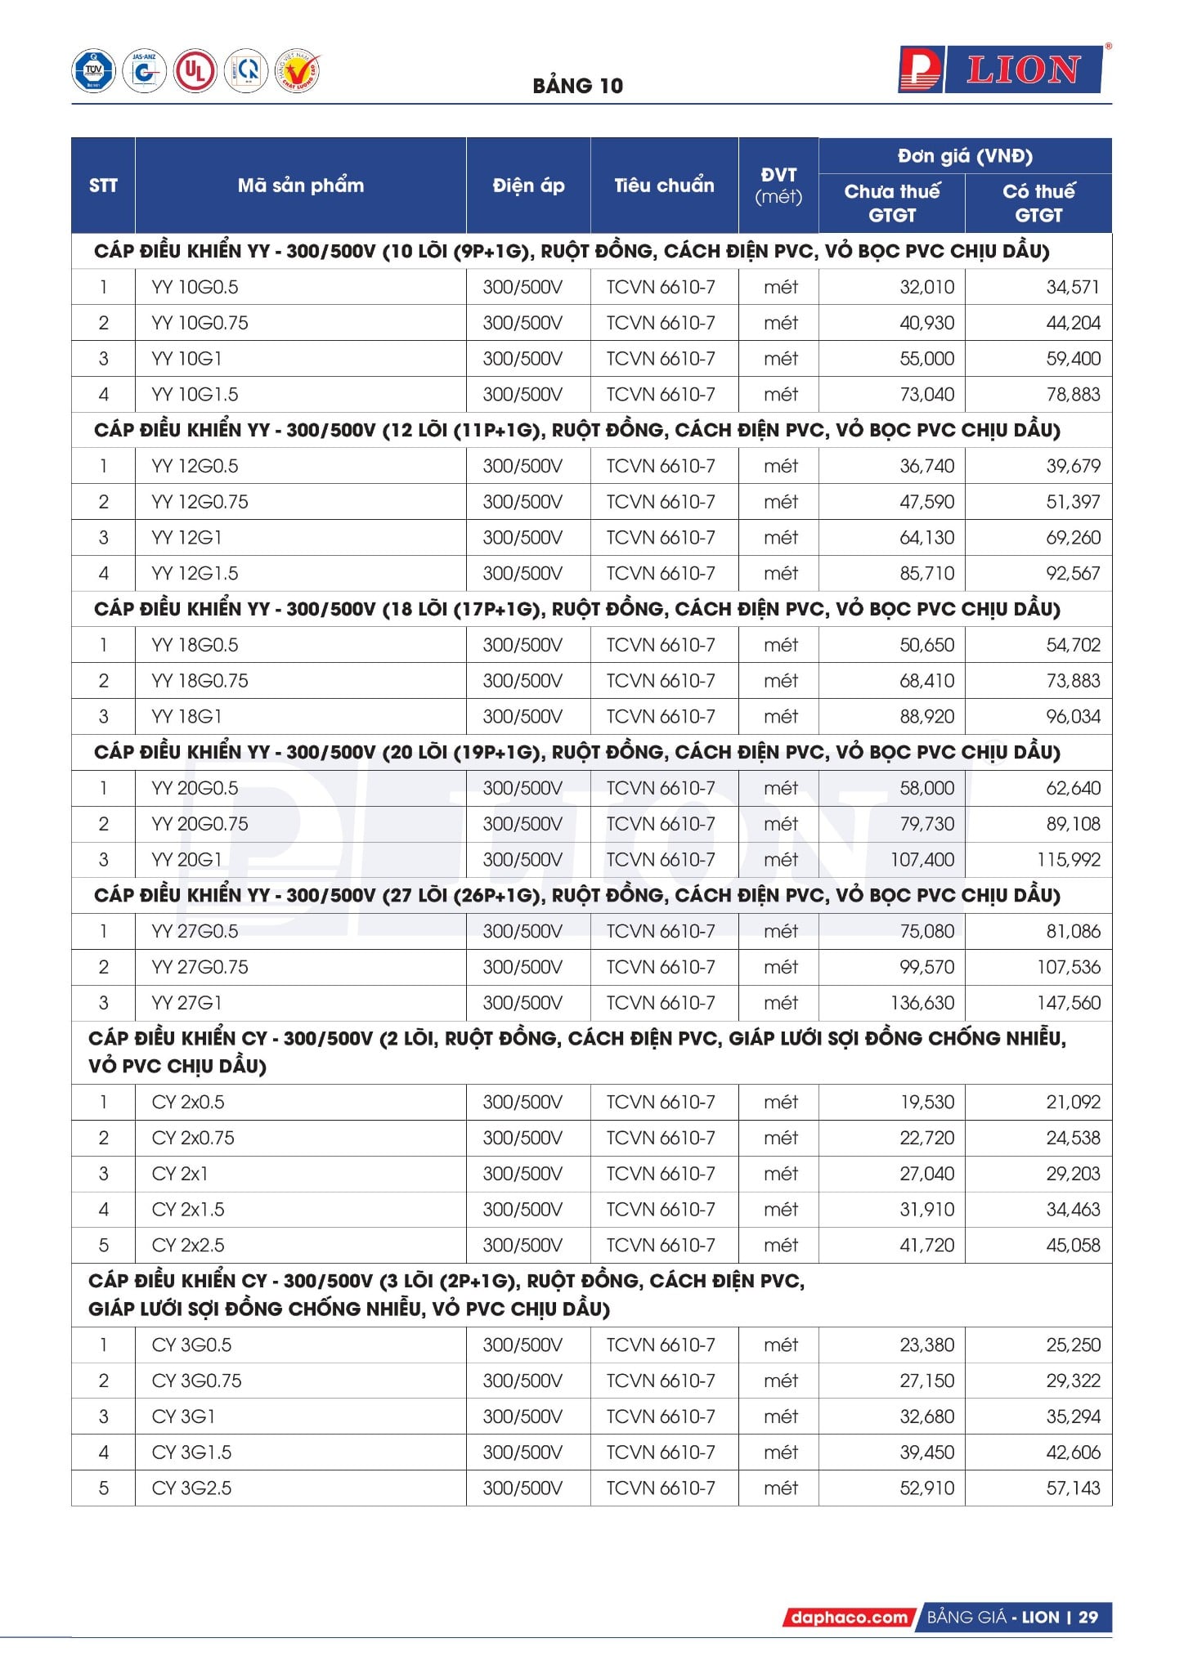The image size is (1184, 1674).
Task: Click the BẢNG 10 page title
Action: (x=577, y=86)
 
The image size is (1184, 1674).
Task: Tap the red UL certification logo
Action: (x=195, y=71)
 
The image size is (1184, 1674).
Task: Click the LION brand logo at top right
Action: (x=1000, y=70)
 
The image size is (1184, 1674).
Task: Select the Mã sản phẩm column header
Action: (x=300, y=186)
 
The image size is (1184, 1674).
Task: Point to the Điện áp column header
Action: (x=528, y=186)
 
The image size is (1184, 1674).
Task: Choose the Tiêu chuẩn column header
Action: (x=664, y=186)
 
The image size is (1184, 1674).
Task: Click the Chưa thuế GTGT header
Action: (x=891, y=203)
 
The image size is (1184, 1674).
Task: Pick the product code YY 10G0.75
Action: (x=200, y=323)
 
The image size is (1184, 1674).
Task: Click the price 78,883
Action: (x=1073, y=395)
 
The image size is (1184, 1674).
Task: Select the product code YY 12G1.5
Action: (x=195, y=574)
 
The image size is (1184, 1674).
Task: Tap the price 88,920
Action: (x=926, y=717)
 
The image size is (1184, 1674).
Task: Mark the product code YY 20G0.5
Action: (x=195, y=789)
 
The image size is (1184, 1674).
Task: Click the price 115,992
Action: (x=1068, y=860)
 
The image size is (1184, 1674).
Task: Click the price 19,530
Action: (x=926, y=1103)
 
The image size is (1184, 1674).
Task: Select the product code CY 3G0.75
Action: (x=196, y=1381)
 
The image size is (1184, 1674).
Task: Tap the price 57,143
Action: (x=1073, y=1488)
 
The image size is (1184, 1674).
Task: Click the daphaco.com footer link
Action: (x=849, y=1618)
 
